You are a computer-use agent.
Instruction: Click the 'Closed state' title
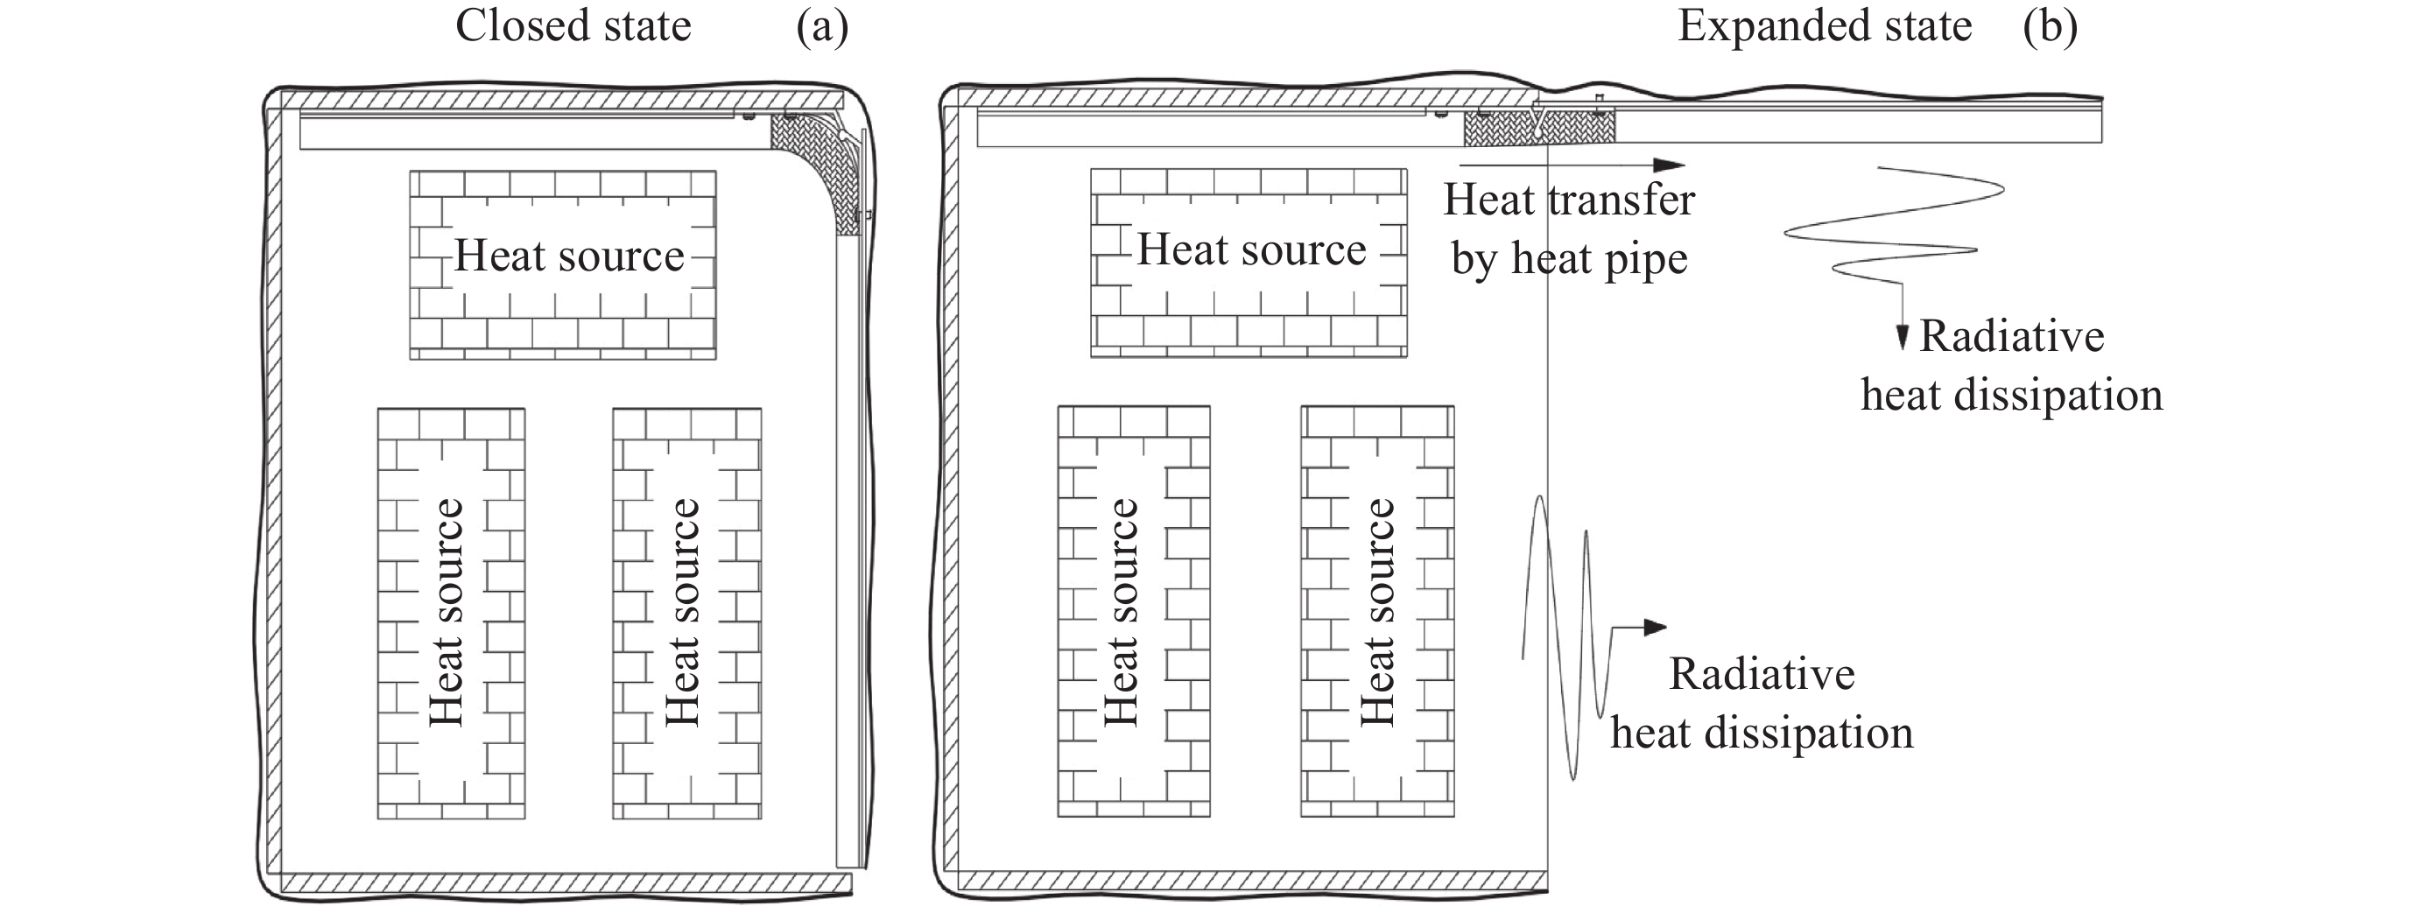573,26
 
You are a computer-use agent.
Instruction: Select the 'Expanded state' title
1824,26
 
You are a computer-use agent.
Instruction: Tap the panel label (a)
821,26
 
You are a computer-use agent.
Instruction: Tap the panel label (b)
2050,26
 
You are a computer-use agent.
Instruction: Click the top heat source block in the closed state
563,264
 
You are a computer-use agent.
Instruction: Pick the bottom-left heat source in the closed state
451,613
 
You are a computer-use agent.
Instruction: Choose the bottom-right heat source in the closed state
686,613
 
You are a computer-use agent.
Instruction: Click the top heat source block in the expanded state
1249,263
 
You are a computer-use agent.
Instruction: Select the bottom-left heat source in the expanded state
1134,611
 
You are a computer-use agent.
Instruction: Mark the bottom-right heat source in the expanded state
1377,611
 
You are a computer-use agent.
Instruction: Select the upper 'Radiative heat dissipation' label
2011,365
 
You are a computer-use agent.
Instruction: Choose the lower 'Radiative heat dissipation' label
1761,704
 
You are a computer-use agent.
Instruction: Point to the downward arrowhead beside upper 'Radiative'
1902,338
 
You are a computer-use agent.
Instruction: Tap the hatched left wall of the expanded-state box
951,488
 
